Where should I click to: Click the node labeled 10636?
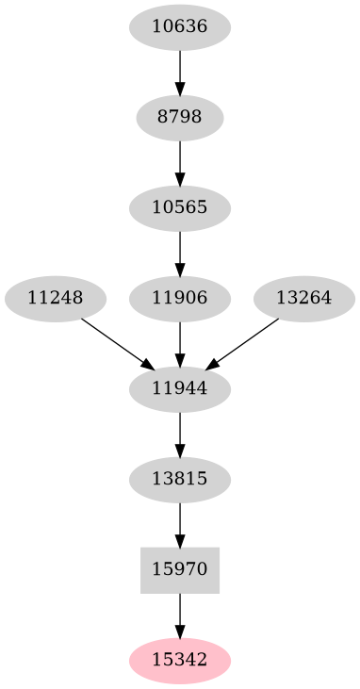180,27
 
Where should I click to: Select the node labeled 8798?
180,118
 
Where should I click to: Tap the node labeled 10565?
180,207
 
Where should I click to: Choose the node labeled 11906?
180,298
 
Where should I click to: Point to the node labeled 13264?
304,298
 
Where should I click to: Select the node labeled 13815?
180,479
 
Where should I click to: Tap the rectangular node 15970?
180,569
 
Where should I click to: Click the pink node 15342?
180,659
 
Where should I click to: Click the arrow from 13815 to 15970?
180,523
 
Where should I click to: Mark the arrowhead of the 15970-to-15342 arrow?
180,629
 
